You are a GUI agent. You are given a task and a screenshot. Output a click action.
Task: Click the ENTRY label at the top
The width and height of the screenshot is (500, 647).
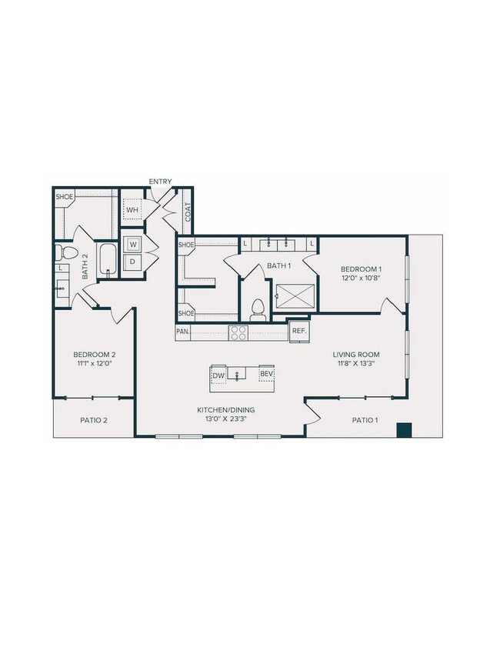161,182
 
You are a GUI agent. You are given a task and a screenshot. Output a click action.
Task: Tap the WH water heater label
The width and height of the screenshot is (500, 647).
132,209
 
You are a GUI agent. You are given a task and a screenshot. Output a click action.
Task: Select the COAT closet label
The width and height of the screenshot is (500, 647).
187,212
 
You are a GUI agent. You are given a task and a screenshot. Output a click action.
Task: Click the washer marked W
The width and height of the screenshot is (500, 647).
132,245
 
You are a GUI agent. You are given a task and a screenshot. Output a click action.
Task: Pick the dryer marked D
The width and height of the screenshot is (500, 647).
132,262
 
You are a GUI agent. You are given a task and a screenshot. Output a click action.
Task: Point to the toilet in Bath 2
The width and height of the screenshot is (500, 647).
68,252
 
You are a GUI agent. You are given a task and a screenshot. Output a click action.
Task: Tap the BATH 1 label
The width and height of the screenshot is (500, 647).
278,266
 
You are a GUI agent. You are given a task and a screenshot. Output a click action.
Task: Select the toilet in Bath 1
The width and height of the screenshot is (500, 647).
258,308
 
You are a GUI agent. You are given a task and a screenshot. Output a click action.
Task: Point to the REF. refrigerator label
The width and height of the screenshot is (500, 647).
298,332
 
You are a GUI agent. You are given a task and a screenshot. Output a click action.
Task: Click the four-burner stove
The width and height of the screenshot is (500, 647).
238,332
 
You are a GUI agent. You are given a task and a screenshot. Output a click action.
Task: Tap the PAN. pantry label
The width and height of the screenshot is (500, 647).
183,332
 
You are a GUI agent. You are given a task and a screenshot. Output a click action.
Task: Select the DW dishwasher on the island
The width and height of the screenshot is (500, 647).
218,375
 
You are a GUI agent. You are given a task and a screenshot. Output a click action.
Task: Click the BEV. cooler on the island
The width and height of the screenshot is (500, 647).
266,375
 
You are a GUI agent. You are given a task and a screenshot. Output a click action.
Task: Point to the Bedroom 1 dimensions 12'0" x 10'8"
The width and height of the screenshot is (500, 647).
362,279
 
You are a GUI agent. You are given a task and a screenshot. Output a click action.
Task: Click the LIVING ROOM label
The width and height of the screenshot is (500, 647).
356,355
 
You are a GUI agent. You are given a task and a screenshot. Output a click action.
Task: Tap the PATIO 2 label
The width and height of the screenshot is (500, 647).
94,420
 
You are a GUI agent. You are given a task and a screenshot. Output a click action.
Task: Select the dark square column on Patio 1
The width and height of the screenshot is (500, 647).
403,430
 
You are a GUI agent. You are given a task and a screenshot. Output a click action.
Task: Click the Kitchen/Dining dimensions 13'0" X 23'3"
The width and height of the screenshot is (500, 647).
225,420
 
